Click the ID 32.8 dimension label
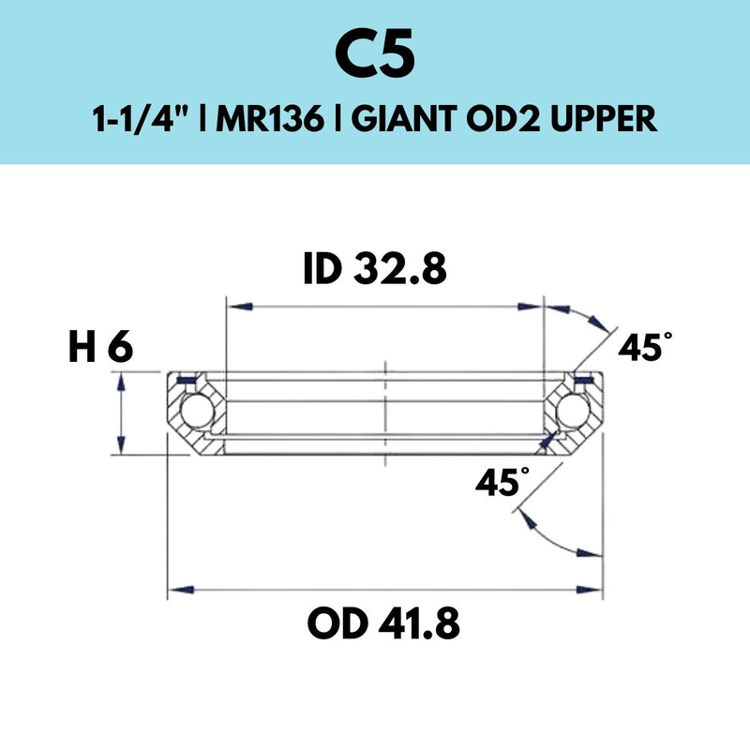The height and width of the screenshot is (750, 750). [375, 268]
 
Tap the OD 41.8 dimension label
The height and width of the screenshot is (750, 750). [383, 622]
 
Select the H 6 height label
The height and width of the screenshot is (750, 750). [101, 347]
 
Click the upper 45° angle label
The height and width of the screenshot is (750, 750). [645, 346]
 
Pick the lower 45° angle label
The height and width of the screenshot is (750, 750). [502, 481]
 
